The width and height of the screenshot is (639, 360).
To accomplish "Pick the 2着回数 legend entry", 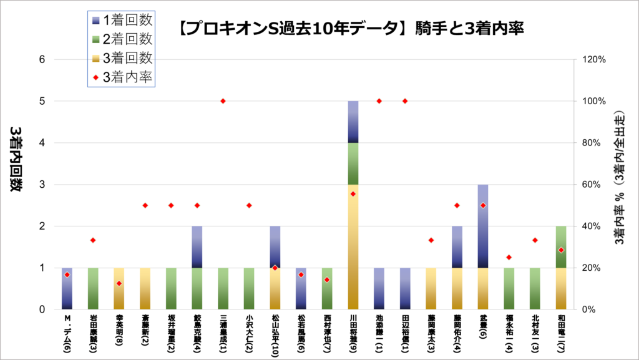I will pos(122,39).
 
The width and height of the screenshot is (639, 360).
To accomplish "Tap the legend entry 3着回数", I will pos(122,58).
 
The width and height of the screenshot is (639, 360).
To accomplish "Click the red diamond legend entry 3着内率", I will pos(122,77).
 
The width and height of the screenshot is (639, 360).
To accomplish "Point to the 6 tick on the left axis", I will pos(43,60).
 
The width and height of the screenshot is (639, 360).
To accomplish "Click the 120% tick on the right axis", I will pos(595,60).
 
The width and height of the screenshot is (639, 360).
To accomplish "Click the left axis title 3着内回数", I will pos(16,160).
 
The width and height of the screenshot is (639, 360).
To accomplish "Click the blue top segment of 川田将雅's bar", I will pos(353,122).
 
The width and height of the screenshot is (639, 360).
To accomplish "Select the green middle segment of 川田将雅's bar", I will pos(353,163).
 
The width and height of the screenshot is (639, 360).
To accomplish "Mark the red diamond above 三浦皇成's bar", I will pos(223,101).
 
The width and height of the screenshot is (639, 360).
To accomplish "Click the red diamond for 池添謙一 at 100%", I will pos(378,101).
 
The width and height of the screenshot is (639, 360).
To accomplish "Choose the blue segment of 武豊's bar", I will pos(482,226).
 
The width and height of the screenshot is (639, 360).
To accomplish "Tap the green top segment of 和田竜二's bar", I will pos(560,246).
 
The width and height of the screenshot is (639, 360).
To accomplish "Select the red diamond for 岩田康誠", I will pos(93,240).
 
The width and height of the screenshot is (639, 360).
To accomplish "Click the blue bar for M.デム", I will pos(67,288).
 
